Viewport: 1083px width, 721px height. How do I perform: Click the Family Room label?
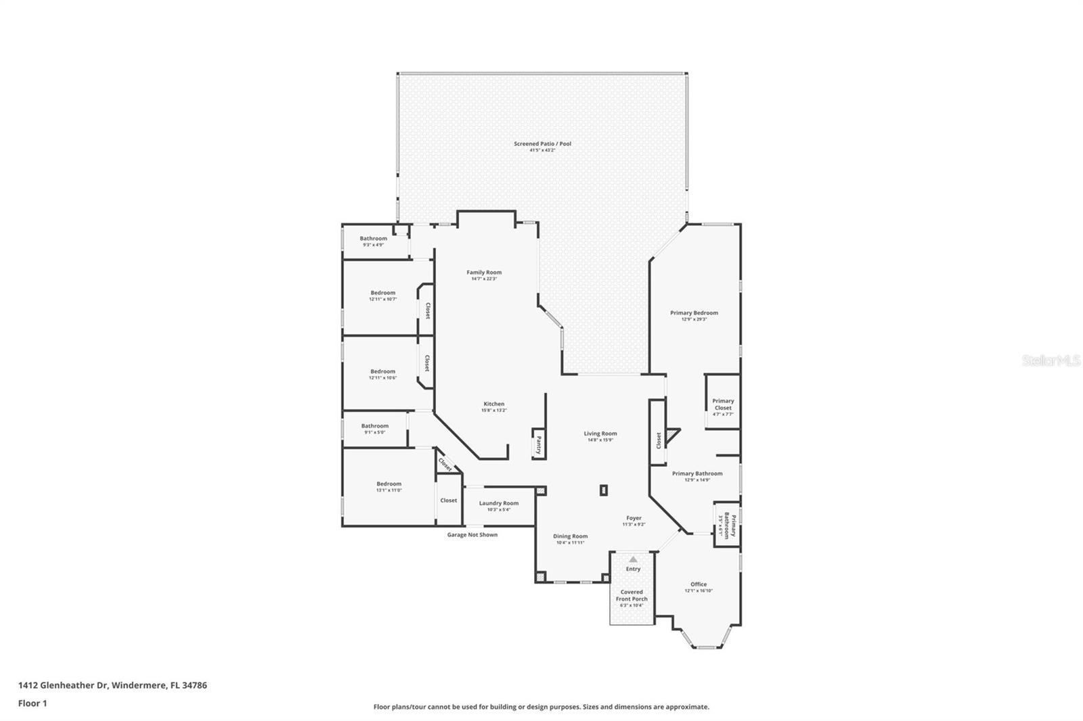coord(484,273)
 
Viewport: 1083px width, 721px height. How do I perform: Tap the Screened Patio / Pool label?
coord(542,143)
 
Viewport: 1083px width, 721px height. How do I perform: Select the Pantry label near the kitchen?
coord(539,444)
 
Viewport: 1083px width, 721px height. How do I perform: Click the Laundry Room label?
coord(499,503)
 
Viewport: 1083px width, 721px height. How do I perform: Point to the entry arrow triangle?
coord(633,559)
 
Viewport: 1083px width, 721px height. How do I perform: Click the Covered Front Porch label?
coord(632,595)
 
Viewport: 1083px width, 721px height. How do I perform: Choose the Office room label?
coord(699,584)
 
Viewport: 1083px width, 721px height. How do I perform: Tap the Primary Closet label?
coord(723,404)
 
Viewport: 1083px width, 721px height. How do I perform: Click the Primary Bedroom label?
coord(694,313)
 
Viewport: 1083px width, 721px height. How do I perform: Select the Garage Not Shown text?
coord(472,535)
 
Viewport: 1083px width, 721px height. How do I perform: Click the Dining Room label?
coord(570,536)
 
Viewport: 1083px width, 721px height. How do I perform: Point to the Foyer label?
coord(634,518)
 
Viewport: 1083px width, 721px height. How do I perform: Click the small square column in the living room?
coord(603,490)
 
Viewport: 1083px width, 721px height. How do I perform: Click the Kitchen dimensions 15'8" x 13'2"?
coord(493,411)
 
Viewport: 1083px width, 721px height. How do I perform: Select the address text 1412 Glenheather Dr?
coord(112,685)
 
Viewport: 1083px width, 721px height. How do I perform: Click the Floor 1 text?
coord(32,703)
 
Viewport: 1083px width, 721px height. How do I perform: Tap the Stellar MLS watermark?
coord(1051,361)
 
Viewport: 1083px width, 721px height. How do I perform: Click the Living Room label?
coord(600,434)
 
